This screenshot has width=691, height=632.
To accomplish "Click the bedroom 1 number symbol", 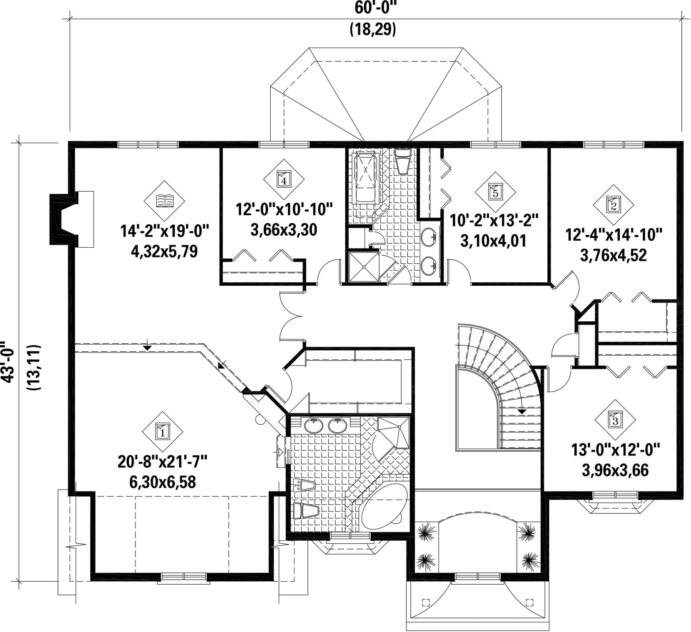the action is coord(163,432).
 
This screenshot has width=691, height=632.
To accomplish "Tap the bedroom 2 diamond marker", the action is coord(613,205).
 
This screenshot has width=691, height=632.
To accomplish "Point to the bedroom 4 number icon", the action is coord(284,179).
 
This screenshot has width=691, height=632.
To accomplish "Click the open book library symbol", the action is coord(164,201).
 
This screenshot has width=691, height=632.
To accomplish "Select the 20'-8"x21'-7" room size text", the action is coord(162,462).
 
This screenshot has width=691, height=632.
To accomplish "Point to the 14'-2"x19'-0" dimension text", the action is coord(164,232).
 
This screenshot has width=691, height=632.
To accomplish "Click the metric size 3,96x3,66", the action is coord(615,470).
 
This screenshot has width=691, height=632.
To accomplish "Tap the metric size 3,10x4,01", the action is coord(493,241).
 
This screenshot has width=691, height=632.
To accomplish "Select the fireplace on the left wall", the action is coord(72,219).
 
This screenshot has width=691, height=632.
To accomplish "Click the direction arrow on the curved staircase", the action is coord(521,411).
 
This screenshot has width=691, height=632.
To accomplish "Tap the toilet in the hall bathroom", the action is coord(403,161).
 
